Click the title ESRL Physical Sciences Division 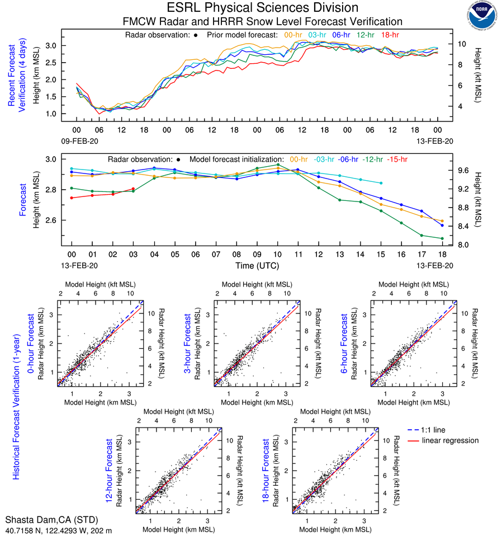tap(263, 8)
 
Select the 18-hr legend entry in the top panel tap(390, 35)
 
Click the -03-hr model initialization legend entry tap(326, 159)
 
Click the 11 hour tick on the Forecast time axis tap(298, 254)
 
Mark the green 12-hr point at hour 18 tap(442, 238)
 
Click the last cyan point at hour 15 tap(381, 183)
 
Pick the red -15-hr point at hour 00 tap(72, 198)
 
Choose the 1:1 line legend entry tap(433, 430)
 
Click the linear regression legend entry tap(450, 440)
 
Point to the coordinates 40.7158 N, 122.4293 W tap(59, 529)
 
